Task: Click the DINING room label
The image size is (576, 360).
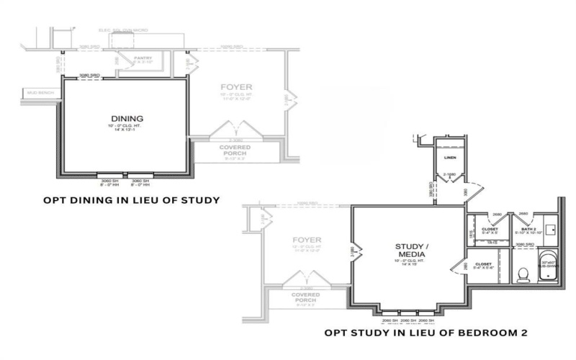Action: click(127, 118)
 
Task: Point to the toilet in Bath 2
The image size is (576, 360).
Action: click(523, 274)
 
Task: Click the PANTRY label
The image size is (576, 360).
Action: click(143, 58)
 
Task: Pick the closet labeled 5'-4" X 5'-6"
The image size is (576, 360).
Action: click(484, 265)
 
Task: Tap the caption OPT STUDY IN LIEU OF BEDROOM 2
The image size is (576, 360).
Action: click(426, 333)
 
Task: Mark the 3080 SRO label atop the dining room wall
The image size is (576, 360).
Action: click(88, 74)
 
